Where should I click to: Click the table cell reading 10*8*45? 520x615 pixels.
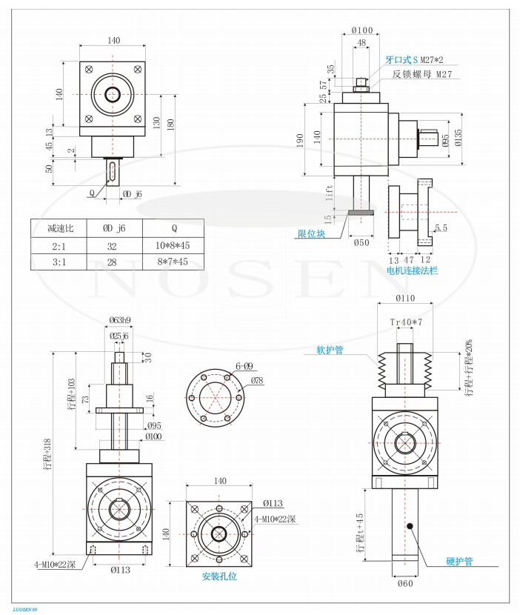(173, 245)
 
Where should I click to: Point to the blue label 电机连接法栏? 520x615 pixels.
(413, 271)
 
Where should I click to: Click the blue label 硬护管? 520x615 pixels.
(459, 561)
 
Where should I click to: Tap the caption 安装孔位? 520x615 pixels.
(219, 576)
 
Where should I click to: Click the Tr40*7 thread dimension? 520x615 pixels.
(405, 322)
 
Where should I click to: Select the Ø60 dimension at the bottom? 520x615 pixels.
(404, 584)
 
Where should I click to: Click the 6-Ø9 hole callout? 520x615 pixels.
(244, 366)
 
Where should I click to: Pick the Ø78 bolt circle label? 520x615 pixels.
(257, 380)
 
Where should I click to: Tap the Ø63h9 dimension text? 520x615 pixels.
(119, 320)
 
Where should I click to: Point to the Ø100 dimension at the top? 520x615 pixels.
(361, 30)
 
